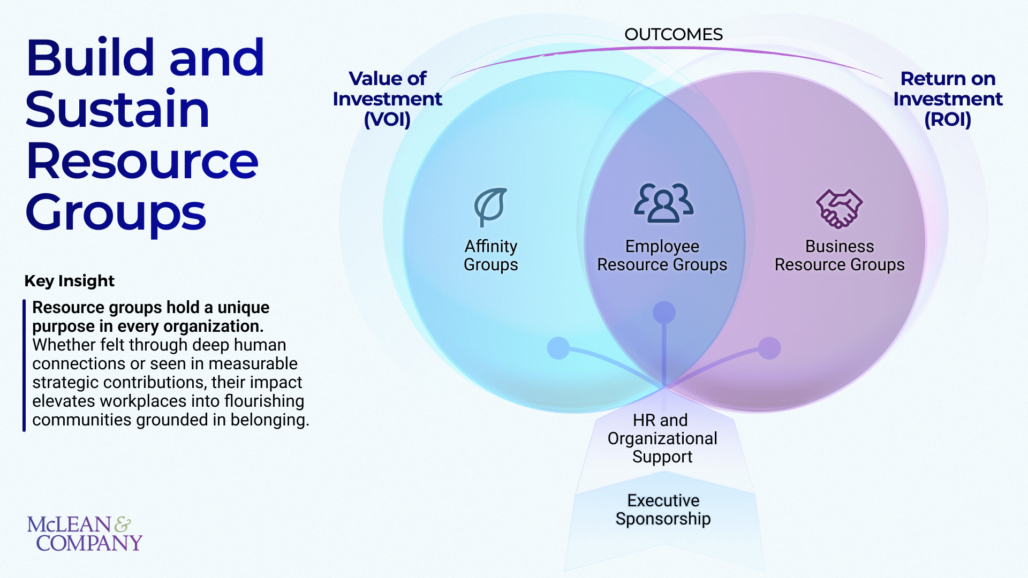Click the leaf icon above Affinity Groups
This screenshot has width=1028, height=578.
490,207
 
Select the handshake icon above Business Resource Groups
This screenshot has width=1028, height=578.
839,208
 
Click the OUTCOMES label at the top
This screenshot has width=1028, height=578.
674,35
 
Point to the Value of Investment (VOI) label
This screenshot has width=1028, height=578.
387,99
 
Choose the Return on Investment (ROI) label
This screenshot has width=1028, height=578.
948,99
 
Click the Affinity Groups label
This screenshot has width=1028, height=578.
491,255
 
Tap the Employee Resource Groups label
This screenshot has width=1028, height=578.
662,255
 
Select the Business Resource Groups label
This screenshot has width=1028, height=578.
840,255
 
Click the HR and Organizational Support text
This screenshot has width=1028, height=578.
662,438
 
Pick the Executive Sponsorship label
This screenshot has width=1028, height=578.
663,509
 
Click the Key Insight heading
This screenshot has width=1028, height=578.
70,281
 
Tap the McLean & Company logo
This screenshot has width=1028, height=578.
85,533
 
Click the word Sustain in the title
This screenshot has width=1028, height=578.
117,110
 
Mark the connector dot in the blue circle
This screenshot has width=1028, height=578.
558,348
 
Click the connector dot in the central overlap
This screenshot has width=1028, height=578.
664,313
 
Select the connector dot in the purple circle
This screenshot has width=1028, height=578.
769,348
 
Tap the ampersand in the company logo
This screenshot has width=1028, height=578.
123,524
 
